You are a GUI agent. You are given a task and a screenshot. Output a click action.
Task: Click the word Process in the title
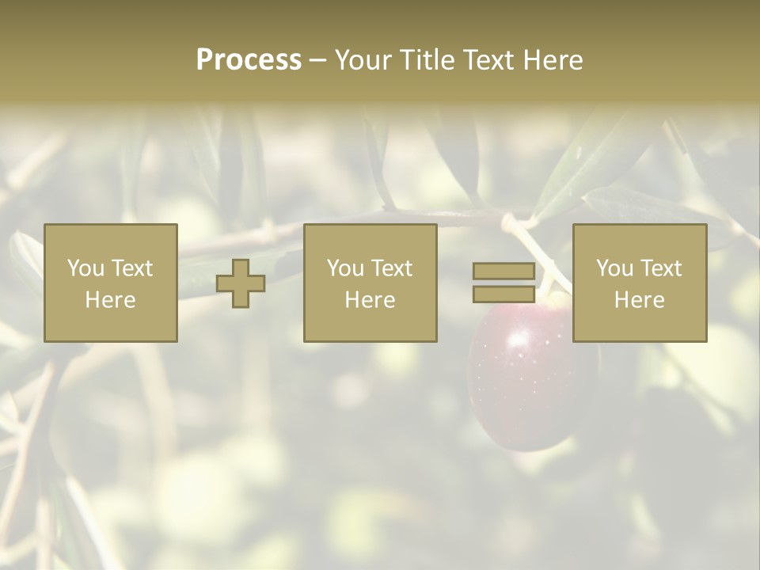point(249,60)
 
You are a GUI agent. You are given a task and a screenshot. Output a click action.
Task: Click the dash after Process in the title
point(317,61)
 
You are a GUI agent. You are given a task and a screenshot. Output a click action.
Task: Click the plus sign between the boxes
point(241,283)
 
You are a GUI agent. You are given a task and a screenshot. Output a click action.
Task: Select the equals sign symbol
point(503,283)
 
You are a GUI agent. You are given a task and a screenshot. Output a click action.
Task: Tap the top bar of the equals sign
point(503,272)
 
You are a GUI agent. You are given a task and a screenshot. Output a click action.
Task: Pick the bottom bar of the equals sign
point(503,294)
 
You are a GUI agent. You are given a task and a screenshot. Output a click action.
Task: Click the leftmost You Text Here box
point(111,283)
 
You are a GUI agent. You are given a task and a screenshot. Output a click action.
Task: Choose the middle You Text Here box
point(370,283)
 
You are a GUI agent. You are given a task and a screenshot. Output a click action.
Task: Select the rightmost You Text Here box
point(640,283)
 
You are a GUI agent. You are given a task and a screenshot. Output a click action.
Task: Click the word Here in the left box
point(111,300)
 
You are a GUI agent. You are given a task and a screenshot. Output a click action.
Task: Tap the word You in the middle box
point(345,268)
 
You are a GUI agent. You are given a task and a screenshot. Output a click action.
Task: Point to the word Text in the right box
point(660,268)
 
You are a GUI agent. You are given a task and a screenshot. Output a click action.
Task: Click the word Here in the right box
point(640,300)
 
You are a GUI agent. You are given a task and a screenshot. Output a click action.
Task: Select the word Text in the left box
point(131,268)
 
